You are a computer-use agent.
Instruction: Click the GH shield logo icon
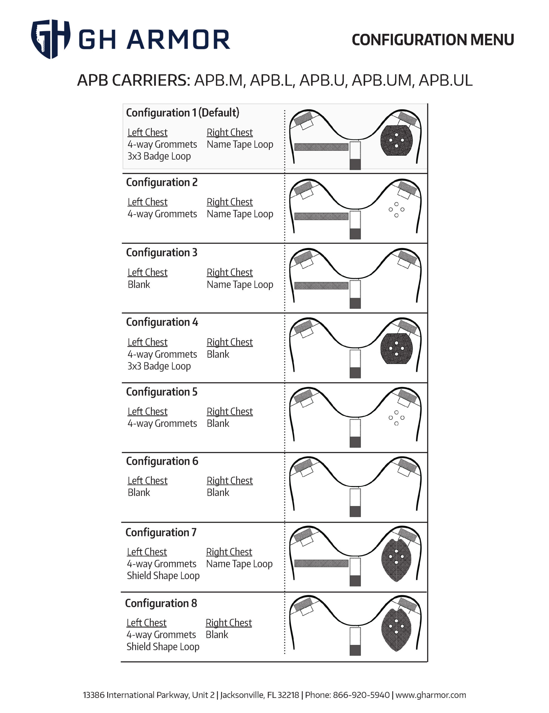pyautogui.click(x=50, y=38)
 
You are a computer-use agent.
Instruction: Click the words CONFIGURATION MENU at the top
pyautogui.click(x=432, y=40)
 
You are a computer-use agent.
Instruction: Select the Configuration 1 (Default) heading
pyautogui.click(x=182, y=113)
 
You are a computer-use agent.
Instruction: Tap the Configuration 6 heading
pyautogui.click(x=162, y=461)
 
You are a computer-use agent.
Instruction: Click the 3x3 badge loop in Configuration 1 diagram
pyautogui.click(x=396, y=140)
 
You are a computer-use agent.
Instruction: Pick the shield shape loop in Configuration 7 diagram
pyautogui.click(x=396, y=560)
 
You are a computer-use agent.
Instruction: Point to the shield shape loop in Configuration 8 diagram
pyautogui.click(x=396, y=630)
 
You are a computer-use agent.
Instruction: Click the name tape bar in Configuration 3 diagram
pyautogui.click(x=321, y=286)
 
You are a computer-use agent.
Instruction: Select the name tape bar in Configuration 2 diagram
pyautogui.click(x=321, y=216)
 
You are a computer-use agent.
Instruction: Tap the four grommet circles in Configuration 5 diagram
pyautogui.click(x=396, y=418)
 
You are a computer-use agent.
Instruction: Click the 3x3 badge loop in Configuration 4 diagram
pyautogui.click(x=396, y=349)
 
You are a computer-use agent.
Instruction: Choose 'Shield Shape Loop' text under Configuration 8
pyautogui.click(x=163, y=646)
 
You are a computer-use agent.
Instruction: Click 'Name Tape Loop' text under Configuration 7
pyautogui.click(x=239, y=564)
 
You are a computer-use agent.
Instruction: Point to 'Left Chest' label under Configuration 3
pyautogui.click(x=148, y=272)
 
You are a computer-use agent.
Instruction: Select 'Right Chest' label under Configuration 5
pyautogui.click(x=230, y=411)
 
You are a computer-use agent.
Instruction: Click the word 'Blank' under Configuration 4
pyautogui.click(x=218, y=354)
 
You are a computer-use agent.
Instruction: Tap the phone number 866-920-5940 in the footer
pyautogui.click(x=361, y=695)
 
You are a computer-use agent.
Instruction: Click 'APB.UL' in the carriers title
pyautogui.click(x=445, y=80)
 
